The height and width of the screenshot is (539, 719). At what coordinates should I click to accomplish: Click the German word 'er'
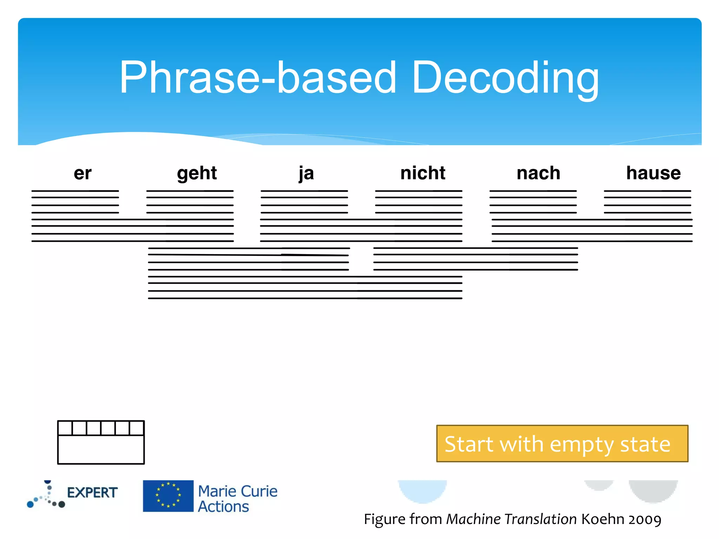point(83,173)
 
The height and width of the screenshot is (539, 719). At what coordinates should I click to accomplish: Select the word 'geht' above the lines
point(197,173)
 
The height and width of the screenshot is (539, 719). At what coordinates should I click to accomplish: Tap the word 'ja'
point(306,173)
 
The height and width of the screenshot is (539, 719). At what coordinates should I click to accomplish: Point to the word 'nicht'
point(423,173)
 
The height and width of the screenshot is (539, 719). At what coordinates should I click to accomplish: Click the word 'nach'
point(538,173)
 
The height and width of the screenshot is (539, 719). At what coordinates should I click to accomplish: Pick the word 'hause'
point(653,173)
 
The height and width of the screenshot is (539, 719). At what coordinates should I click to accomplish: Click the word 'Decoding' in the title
point(505,78)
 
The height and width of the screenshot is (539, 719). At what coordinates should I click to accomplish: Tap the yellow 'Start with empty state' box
point(562,444)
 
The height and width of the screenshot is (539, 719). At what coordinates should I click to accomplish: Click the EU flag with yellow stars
point(168,496)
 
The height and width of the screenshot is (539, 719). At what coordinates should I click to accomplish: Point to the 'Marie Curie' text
point(238,491)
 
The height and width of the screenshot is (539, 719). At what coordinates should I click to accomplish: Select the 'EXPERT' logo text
point(92,493)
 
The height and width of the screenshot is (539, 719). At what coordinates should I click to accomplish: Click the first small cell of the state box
point(65,428)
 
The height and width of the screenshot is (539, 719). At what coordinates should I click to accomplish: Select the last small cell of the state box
point(137,428)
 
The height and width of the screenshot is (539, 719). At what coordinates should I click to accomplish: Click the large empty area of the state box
point(101,450)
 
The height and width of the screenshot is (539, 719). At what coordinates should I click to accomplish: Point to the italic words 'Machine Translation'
point(511,519)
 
